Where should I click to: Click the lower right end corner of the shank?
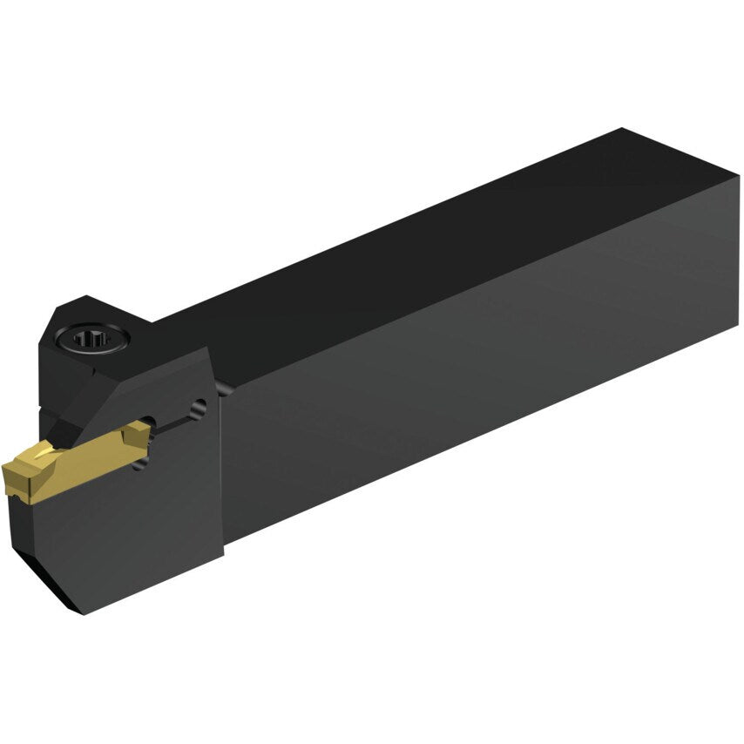click(739, 328)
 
